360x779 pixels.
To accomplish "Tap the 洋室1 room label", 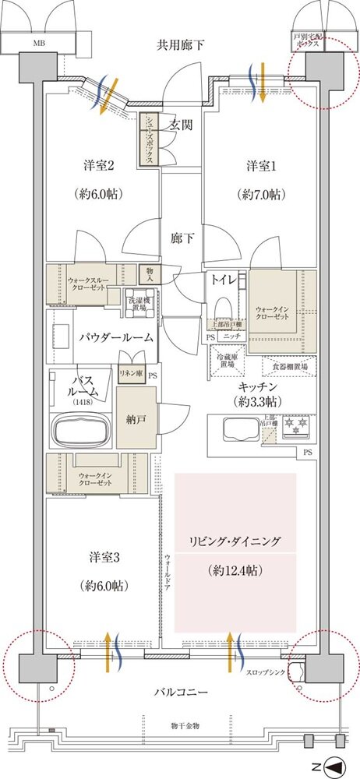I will point(262,166).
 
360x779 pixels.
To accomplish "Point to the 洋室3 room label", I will point(100,558).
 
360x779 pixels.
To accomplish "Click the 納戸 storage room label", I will point(136,419).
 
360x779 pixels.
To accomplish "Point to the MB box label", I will point(38,44).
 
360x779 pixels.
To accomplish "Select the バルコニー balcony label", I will point(180,691).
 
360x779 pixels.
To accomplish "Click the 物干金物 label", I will point(179,724).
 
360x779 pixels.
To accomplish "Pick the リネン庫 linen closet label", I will point(129,374).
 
